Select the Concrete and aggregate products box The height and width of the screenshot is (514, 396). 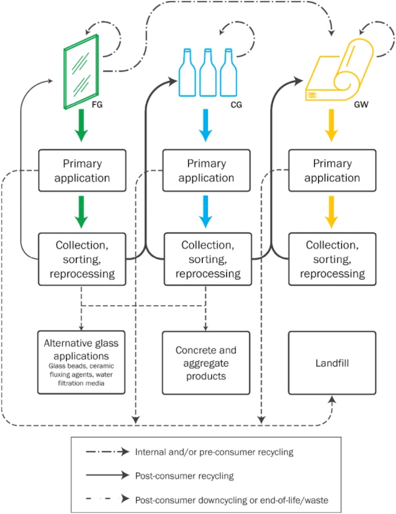(206, 363)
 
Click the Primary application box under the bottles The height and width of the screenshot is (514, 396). (206, 171)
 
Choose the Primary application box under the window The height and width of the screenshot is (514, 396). (82, 171)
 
